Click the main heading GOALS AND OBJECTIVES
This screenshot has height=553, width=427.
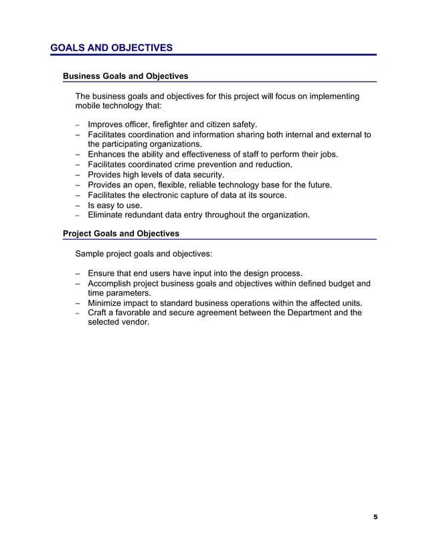[x=111, y=48]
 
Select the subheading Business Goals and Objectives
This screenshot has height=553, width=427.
[x=125, y=76]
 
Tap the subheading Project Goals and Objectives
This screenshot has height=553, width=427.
[x=121, y=234]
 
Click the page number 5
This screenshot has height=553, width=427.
[x=375, y=517]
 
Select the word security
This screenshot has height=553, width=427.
[x=205, y=175]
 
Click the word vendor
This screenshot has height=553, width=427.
[x=135, y=323]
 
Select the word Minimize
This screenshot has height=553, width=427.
[x=107, y=303]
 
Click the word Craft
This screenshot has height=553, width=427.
[x=98, y=313]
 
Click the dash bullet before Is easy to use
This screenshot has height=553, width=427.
[x=78, y=206]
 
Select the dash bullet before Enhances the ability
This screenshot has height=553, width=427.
[x=78, y=155]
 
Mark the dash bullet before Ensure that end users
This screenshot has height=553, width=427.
[x=78, y=273]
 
